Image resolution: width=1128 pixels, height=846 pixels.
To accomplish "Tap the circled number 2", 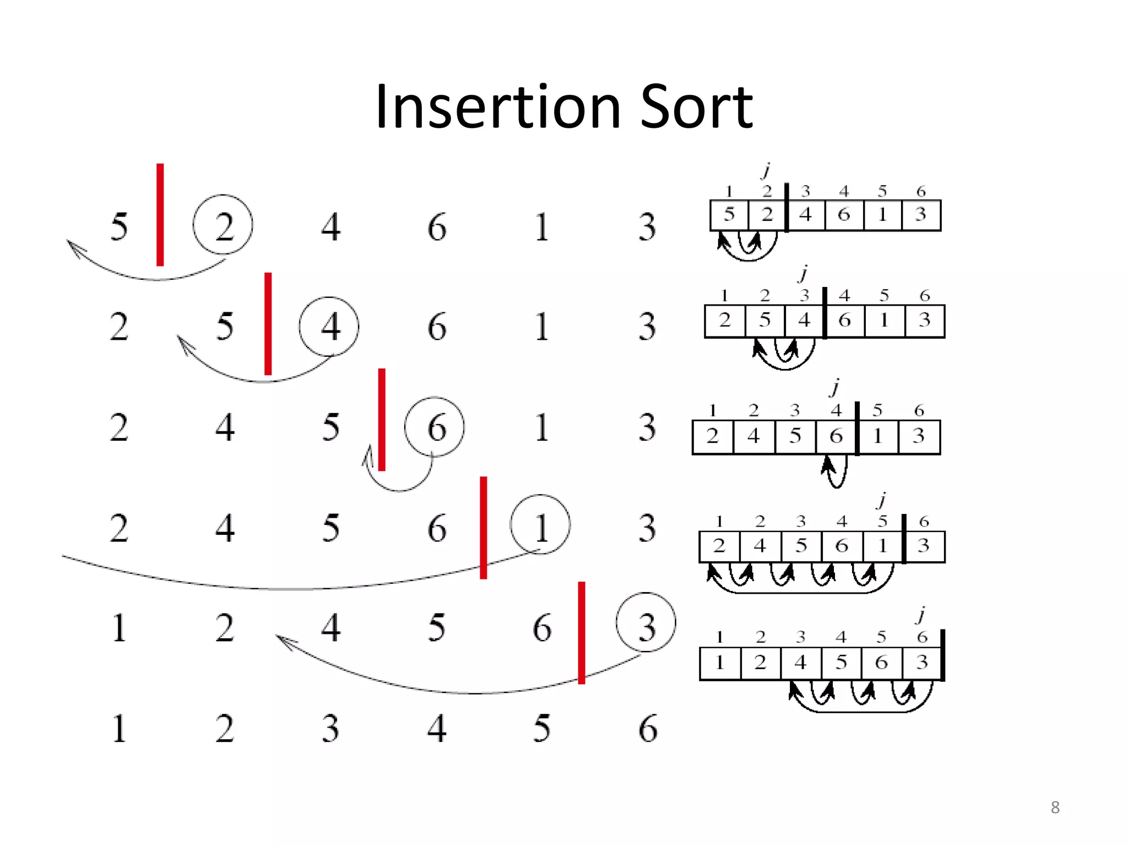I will [223, 225].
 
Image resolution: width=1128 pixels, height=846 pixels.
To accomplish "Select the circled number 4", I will [329, 326].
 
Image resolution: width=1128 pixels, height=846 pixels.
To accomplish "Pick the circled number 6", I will [435, 427].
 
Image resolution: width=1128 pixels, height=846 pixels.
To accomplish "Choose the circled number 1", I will [540, 525].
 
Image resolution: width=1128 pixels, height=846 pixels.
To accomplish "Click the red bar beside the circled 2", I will [160, 215].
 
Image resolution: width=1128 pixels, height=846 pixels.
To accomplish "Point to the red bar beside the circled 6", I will [382, 419].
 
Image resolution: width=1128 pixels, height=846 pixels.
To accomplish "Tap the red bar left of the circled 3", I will [582, 632].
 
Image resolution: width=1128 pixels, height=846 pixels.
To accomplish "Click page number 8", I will [1055, 807].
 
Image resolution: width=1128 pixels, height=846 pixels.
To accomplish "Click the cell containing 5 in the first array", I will [729, 215].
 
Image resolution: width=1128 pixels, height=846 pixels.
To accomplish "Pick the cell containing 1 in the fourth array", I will [883, 546].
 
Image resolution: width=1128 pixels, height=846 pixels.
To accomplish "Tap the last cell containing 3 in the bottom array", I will [923, 663].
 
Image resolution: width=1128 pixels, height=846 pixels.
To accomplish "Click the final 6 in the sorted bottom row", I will [648, 728].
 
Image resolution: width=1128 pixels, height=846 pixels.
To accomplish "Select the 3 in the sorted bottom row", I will [330, 728].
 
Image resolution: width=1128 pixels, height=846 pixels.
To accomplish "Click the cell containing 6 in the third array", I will [836, 437].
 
